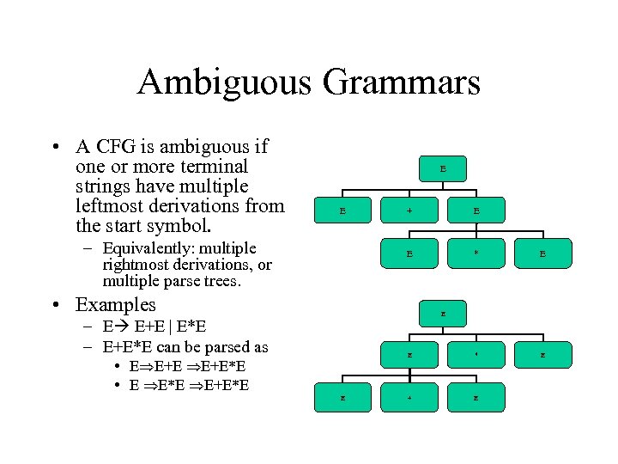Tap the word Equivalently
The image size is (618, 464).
pos(148,249)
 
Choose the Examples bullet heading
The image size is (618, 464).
pos(115,305)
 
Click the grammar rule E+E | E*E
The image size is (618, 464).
pos(170,327)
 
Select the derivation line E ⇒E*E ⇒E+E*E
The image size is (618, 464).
pos(189,384)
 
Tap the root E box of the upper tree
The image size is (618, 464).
pos(443,169)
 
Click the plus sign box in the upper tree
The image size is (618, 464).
pos(409,211)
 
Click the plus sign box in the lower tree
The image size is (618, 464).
pos(409,395)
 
